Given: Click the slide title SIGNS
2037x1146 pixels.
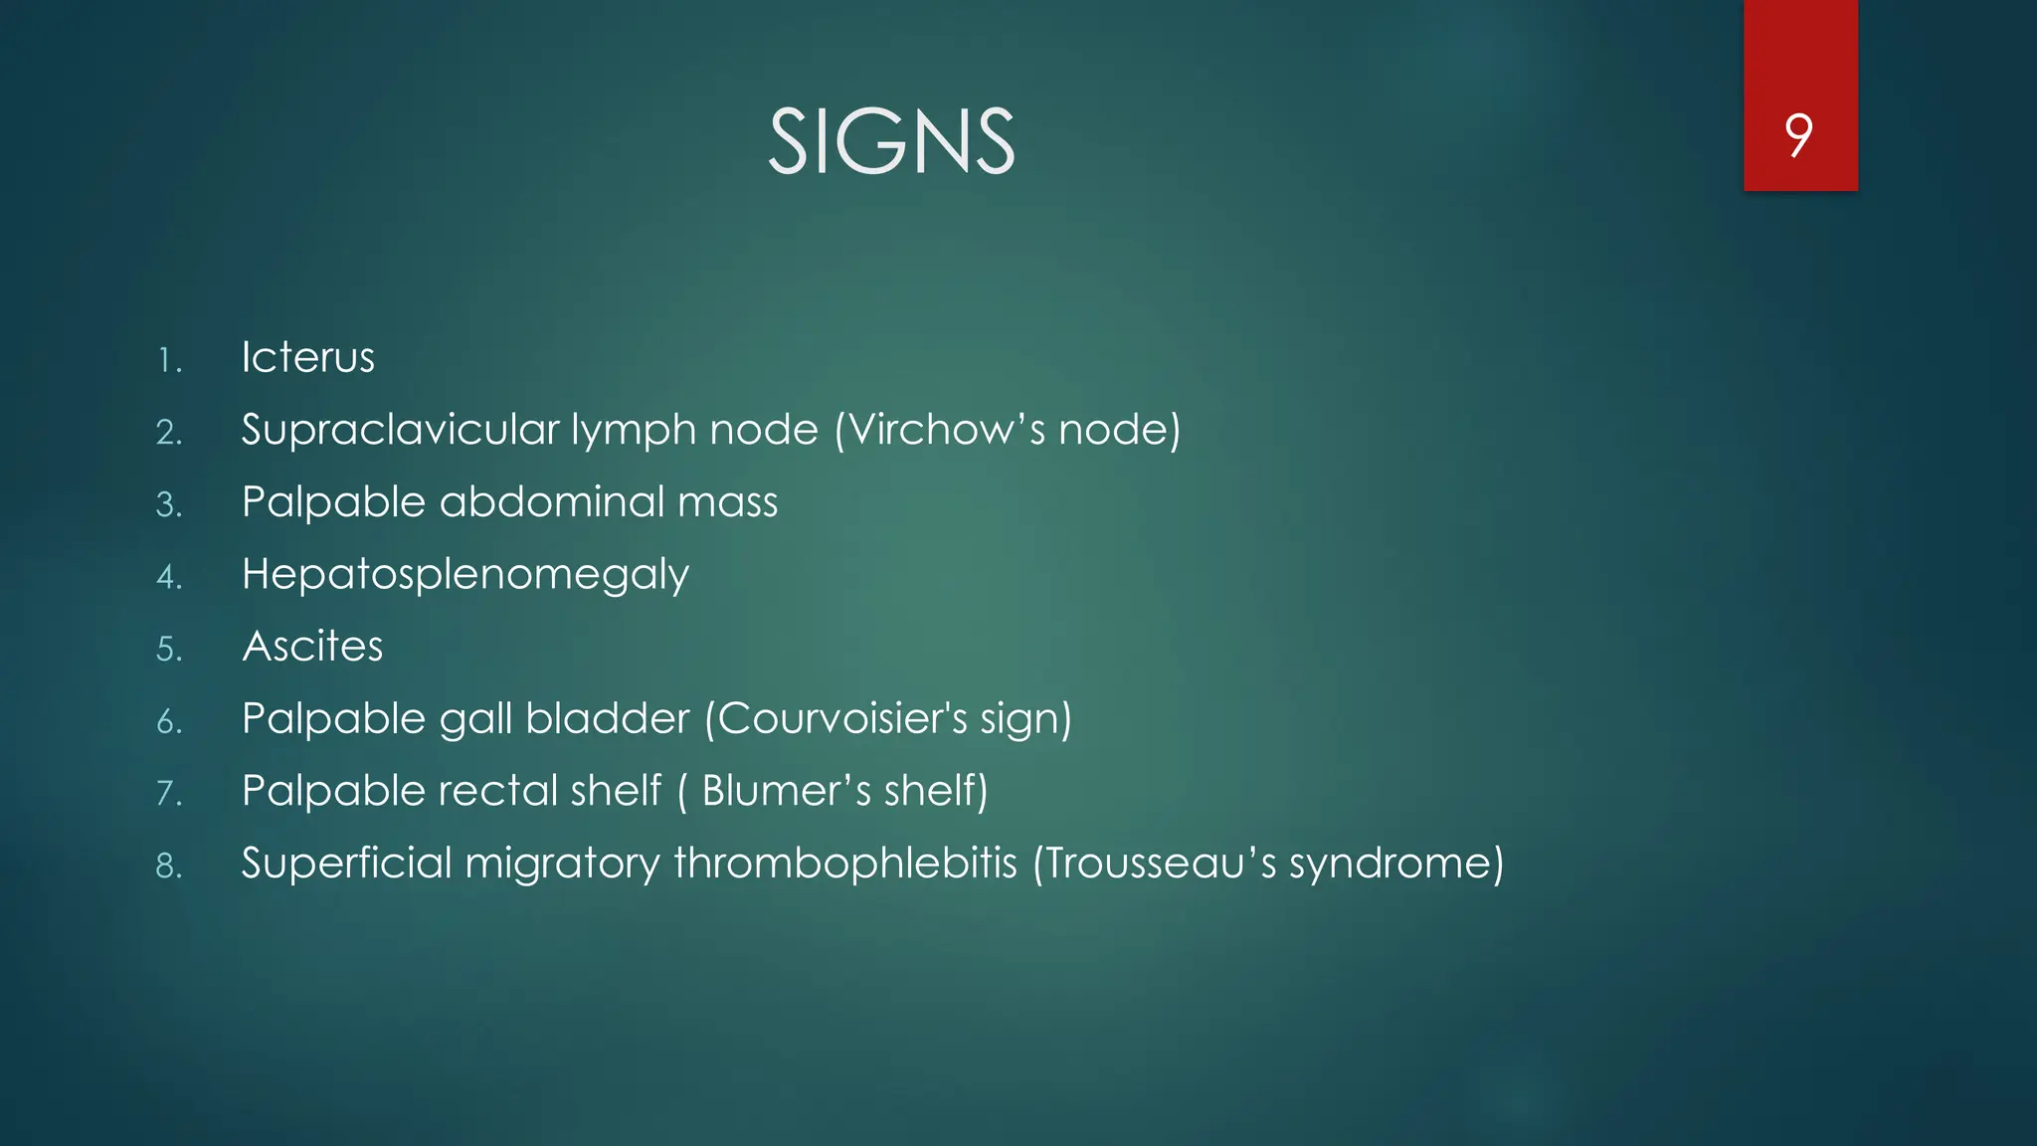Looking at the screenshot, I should tap(891, 142).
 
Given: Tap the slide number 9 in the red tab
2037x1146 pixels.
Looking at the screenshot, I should tap(1798, 135).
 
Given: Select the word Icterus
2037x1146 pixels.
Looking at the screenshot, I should tap(307, 357).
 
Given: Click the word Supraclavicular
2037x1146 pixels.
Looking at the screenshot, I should tap(400, 430).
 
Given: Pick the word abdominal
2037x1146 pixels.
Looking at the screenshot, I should tap(552, 501).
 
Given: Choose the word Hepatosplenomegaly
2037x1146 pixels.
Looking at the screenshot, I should tap(464, 575).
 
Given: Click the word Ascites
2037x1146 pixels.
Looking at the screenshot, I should tap(312, 647).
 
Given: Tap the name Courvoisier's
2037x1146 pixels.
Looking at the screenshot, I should tap(841, 718).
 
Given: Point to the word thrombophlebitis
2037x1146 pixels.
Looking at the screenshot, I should tap(845, 862).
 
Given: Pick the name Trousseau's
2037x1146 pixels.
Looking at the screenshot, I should tap(1160, 862).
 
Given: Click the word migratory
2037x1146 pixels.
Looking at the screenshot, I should tap(562, 863).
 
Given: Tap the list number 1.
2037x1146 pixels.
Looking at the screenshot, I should tap(169, 360).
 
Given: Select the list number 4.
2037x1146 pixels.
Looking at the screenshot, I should tap(169, 577).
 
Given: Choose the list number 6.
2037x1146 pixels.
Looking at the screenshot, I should tap(169, 721).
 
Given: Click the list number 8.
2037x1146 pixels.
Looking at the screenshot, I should tap(169, 865).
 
